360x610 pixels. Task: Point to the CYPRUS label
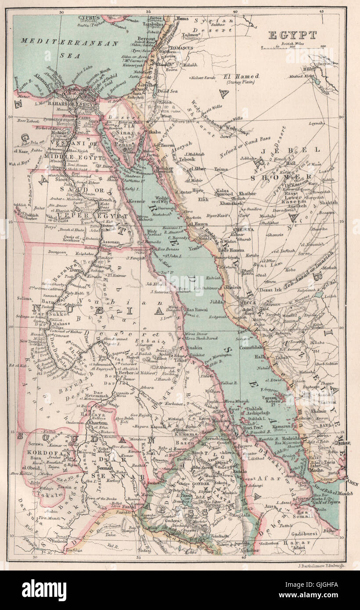90,18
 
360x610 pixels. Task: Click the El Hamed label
241,76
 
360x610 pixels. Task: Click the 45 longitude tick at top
321,11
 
